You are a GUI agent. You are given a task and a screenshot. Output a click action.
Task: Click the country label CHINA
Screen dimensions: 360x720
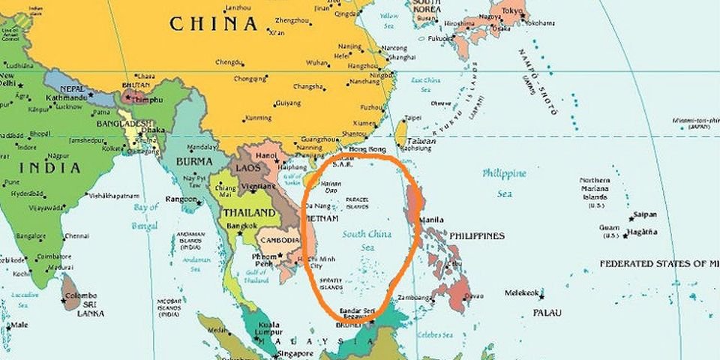[213, 23]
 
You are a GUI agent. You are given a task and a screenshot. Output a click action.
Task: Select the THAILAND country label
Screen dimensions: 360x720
[247, 212]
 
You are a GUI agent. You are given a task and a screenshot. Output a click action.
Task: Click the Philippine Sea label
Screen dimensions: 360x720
[505, 182]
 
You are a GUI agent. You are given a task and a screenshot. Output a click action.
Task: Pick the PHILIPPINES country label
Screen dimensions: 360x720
[477, 235]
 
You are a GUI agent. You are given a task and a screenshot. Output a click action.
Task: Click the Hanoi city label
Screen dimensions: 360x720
[267, 155]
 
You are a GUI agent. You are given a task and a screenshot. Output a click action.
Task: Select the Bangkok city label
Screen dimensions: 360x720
[242, 226]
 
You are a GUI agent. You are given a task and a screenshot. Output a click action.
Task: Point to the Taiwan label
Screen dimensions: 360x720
[422, 141]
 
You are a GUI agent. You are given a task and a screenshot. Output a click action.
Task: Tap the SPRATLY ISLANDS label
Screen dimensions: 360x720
[331, 284]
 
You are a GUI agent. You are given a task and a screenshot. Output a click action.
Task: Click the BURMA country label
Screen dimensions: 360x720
[194, 161]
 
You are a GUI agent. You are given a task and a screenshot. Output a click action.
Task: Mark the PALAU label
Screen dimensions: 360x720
[547, 311]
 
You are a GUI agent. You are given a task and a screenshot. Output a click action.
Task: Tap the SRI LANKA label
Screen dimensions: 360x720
[90, 308]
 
